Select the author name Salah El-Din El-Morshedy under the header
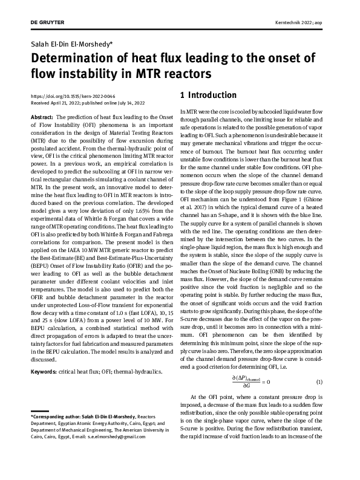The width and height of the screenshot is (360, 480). pyautogui.click(x=74, y=44)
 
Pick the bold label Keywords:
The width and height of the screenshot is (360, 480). pyautogui.click(x=45, y=371)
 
